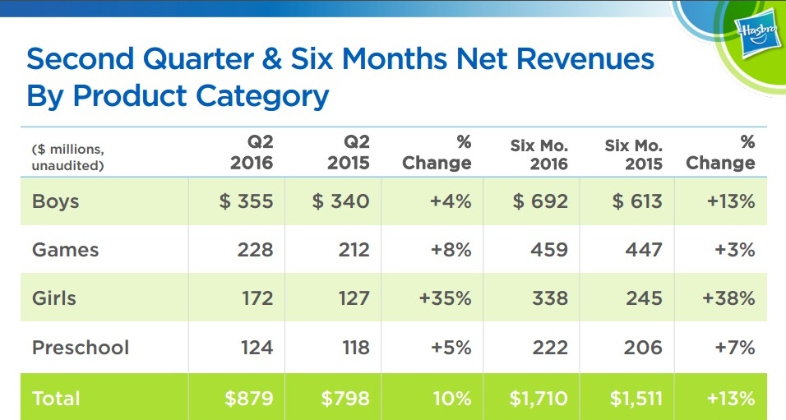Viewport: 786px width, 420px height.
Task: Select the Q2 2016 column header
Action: point(251,152)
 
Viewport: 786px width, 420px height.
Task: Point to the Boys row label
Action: point(56,201)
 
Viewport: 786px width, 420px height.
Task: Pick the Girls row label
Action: point(55,298)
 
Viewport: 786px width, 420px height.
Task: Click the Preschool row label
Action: point(81,347)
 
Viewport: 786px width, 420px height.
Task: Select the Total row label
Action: point(56,399)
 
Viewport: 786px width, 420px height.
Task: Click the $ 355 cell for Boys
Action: point(246,201)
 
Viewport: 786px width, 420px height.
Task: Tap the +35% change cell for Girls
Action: point(445,298)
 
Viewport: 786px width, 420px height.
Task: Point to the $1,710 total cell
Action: point(539,399)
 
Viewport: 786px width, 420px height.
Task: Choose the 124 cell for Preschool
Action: point(257,347)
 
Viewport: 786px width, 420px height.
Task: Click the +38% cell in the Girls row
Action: point(728,298)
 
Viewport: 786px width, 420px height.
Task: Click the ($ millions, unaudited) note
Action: point(68,157)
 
